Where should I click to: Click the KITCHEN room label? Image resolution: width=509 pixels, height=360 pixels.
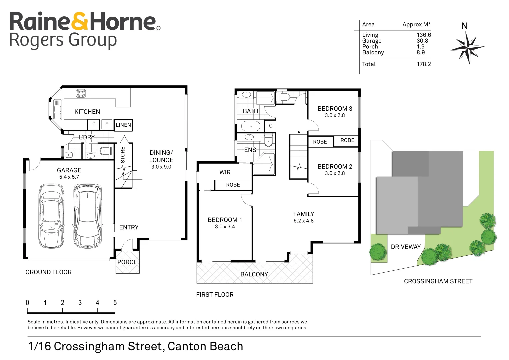(87, 112)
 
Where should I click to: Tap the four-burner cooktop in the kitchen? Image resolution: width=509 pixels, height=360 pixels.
(81, 93)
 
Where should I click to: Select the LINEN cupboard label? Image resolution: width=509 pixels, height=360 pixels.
(123, 125)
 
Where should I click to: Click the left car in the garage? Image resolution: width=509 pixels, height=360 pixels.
(51, 216)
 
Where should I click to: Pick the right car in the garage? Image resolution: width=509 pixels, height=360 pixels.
(87, 216)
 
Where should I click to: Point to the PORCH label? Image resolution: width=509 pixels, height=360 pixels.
(127, 262)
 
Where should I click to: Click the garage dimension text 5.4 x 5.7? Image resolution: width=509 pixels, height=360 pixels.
(69, 177)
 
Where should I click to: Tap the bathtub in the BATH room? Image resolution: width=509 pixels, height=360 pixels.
(251, 126)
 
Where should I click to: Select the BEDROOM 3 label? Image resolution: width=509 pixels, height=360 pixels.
(335, 109)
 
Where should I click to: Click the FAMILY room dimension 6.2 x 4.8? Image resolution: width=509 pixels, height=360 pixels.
(303, 221)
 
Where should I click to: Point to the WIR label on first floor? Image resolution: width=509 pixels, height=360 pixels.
(225, 172)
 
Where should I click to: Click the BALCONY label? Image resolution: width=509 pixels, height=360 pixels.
(254, 274)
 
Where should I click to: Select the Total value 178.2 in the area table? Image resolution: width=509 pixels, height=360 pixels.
(424, 64)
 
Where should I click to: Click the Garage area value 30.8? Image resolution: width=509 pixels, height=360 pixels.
(422, 41)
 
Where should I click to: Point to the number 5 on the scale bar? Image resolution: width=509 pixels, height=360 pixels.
(115, 303)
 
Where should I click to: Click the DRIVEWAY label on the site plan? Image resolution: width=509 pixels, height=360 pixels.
(406, 247)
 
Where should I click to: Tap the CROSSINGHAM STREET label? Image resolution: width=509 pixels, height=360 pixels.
(438, 281)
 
